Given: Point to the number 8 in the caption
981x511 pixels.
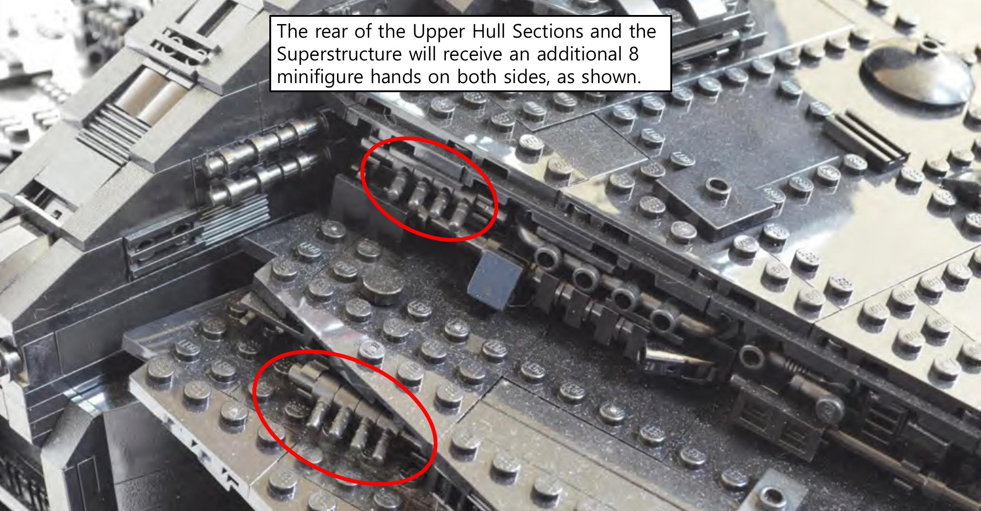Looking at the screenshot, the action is click(634, 54).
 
